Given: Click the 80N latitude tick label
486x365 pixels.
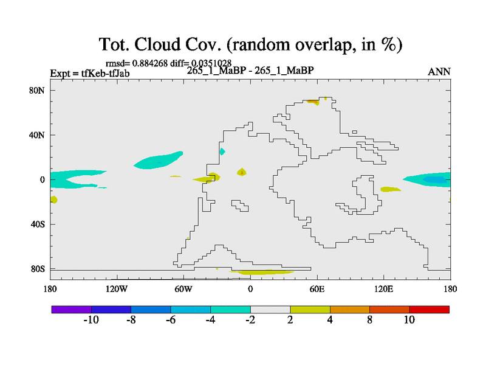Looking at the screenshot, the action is click(36, 91).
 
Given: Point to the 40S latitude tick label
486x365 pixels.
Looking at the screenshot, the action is click(38, 224).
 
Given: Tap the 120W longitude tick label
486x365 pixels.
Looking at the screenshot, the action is click(117, 290).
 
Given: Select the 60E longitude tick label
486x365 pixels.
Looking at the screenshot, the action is click(317, 290).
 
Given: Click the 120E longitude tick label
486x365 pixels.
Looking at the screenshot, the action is click(384, 290).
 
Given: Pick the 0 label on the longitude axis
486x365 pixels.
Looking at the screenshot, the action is click(250, 290).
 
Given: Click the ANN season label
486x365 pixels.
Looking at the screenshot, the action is click(439, 72).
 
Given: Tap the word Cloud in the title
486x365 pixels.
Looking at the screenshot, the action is click(157, 44).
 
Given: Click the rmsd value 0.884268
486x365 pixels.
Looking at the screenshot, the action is click(149, 63).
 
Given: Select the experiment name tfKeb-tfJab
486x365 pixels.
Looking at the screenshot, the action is click(105, 73).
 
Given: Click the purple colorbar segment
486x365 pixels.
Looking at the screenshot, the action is click(72, 310).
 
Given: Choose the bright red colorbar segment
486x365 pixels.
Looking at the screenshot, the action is click(430, 310).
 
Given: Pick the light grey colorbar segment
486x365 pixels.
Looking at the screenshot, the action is click(270, 310).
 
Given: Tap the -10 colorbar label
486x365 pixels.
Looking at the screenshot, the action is click(91, 320).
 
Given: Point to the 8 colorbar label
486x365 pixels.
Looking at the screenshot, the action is click(370, 320).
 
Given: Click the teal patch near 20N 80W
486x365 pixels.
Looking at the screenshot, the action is click(157, 161).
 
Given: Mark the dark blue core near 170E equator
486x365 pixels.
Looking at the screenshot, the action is click(435, 179).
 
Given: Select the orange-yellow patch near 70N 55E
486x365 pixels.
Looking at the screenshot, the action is click(313, 102).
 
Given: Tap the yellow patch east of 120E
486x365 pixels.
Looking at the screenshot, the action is click(391, 189).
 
